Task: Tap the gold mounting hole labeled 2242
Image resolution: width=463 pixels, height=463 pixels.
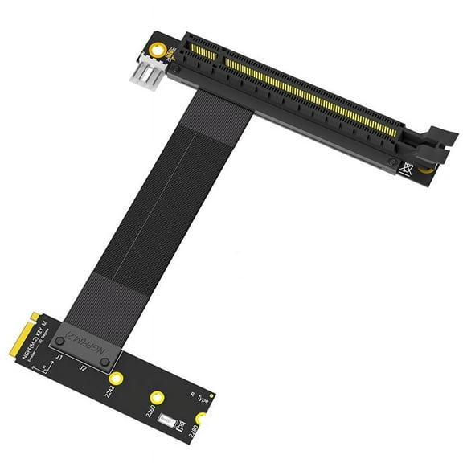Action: click(117, 378)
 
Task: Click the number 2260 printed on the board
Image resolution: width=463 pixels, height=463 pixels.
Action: click(148, 412)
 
